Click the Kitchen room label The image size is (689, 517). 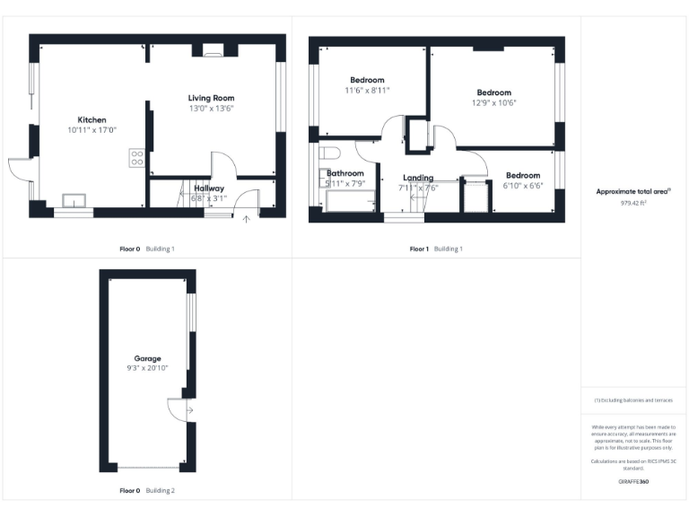coord(92,119)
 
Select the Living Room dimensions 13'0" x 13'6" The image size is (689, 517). coord(211,109)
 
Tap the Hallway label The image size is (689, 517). coord(209,188)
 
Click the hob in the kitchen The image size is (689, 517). coord(137,158)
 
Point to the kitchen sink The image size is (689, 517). coord(74,200)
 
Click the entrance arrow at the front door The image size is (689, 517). coord(247,217)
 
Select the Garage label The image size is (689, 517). coord(147,358)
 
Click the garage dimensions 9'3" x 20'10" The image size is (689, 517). coord(147,368)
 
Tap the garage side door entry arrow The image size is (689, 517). coord(188,411)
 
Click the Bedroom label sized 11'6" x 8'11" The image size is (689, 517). coord(367,80)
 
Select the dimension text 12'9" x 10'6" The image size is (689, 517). coord(493,102)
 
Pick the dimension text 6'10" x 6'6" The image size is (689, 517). coord(522,185)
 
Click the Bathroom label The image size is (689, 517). coord(345,173)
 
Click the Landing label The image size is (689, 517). coord(418,178)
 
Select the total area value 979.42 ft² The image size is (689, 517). coord(633,203)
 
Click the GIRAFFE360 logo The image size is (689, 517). coord(633,482)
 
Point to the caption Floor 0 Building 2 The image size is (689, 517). coord(147,491)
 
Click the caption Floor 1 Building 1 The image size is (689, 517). coord(436,249)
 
